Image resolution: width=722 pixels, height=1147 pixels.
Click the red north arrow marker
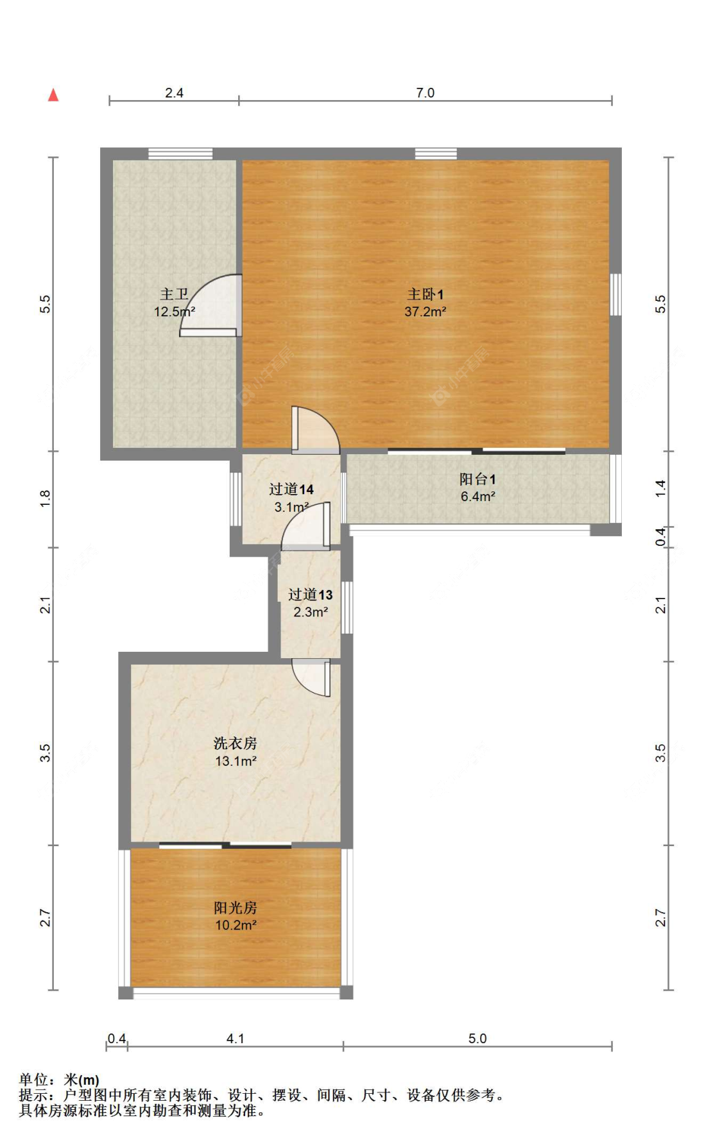(x=53, y=95)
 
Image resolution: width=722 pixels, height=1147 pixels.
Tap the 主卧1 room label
(x=425, y=294)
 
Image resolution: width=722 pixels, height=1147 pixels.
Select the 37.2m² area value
(x=425, y=312)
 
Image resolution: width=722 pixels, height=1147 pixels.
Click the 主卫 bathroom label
(x=174, y=294)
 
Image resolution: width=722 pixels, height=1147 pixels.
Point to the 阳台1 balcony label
(x=477, y=479)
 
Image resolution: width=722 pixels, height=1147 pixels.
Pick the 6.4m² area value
(x=477, y=497)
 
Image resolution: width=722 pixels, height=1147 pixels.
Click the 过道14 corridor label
(x=291, y=489)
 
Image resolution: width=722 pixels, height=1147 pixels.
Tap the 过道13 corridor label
(x=311, y=595)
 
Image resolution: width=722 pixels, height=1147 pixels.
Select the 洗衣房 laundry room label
(x=236, y=743)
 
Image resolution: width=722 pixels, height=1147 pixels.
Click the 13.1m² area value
(x=236, y=761)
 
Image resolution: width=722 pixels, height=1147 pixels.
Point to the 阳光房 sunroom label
(x=236, y=908)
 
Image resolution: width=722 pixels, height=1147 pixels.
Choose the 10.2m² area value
(x=236, y=925)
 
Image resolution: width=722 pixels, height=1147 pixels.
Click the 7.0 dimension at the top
(x=425, y=93)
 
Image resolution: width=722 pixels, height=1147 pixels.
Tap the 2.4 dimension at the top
(x=174, y=93)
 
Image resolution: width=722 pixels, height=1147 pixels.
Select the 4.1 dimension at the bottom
(x=236, y=1039)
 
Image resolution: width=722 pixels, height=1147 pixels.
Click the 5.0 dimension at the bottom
(x=477, y=1039)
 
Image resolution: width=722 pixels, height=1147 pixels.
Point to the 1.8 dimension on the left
(x=45, y=498)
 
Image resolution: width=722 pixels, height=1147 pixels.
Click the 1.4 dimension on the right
(x=660, y=489)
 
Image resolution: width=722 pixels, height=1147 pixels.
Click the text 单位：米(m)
(x=59, y=1080)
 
